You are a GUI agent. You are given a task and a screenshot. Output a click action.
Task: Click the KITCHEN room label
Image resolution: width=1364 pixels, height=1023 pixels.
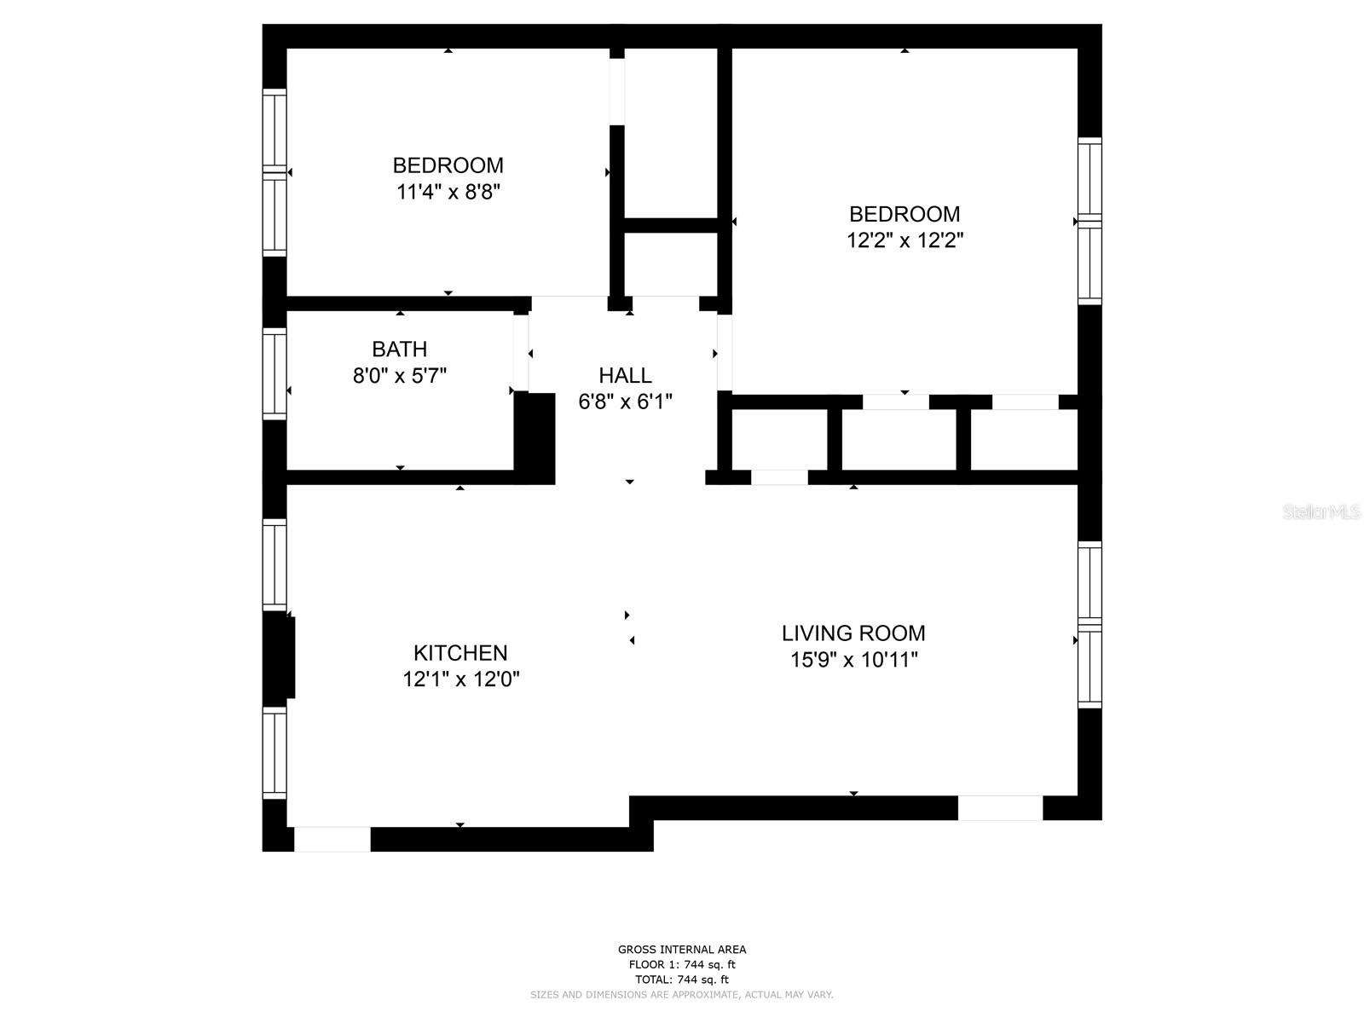pyautogui.click(x=460, y=653)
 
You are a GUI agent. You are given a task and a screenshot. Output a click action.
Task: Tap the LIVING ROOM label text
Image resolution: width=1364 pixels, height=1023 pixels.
pyautogui.click(x=853, y=633)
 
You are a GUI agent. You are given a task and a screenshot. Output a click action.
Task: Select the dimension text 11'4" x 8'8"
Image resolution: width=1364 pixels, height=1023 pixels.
pyautogui.click(x=448, y=192)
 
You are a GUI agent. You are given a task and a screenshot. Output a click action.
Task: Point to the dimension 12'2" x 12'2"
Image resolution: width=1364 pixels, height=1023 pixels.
pyautogui.click(x=905, y=240)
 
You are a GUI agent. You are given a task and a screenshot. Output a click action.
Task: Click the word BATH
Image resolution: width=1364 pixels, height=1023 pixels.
pyautogui.click(x=399, y=349)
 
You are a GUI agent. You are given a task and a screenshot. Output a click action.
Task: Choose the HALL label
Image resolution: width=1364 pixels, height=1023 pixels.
pyautogui.click(x=625, y=375)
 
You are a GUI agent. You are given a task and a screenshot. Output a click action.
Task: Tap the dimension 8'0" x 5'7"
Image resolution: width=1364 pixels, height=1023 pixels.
pyautogui.click(x=400, y=375)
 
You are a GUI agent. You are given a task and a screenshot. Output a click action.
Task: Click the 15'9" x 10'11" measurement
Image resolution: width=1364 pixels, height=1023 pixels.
pyautogui.click(x=853, y=660)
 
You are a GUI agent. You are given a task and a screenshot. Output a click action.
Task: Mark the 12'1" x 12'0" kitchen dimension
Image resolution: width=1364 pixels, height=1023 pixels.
pyautogui.click(x=461, y=679)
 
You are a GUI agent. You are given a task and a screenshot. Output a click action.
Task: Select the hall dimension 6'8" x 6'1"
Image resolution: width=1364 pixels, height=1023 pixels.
pyautogui.click(x=625, y=402)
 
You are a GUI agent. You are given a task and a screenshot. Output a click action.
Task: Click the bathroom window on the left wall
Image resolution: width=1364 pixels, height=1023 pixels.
pyautogui.click(x=275, y=373)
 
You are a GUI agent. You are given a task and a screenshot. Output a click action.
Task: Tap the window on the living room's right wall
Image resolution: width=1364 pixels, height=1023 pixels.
pyautogui.click(x=1089, y=625)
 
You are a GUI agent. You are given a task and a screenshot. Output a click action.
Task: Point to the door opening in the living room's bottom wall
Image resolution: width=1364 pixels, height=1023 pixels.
pyautogui.click(x=1000, y=807)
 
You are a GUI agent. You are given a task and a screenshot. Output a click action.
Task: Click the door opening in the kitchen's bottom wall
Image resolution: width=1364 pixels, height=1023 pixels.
pyautogui.click(x=332, y=839)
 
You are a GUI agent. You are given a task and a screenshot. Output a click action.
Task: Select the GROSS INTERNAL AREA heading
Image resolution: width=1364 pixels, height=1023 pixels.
pyautogui.click(x=682, y=950)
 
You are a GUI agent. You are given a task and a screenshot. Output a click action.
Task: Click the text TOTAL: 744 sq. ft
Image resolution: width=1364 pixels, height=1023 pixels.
pyautogui.click(x=682, y=980)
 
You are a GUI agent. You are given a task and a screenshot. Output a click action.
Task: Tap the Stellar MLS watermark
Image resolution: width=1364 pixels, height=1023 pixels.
pyautogui.click(x=1321, y=511)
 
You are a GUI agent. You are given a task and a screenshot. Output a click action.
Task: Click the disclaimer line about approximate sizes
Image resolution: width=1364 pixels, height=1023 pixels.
pyautogui.click(x=682, y=995)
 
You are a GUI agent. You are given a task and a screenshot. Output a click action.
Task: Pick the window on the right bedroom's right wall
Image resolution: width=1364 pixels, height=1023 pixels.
pyautogui.click(x=1089, y=221)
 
